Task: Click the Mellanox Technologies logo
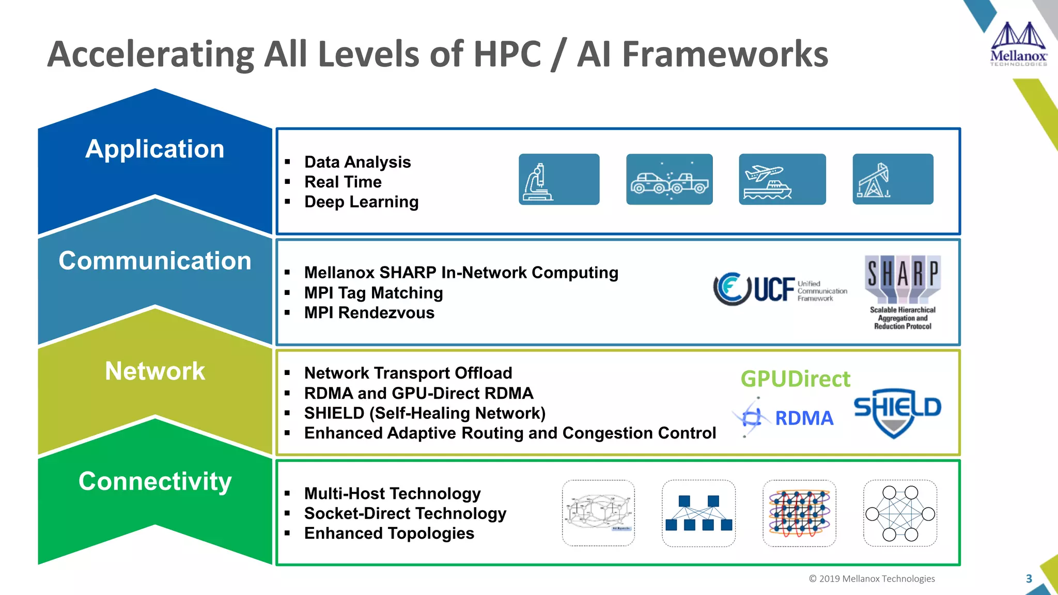(x=1018, y=44)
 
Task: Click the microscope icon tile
(x=558, y=179)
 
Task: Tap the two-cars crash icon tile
(x=669, y=179)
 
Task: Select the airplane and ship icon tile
(x=782, y=179)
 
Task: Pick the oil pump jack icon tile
(x=893, y=179)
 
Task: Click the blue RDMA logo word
(x=804, y=418)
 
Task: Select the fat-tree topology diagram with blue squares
(x=698, y=513)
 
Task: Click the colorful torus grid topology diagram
(x=799, y=513)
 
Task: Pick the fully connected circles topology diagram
(x=900, y=513)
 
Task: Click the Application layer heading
(x=155, y=149)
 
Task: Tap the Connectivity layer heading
(x=155, y=481)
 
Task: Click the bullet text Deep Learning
(x=361, y=202)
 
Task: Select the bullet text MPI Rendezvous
(x=369, y=313)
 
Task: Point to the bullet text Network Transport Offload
(x=408, y=373)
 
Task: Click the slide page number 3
(x=1029, y=579)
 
